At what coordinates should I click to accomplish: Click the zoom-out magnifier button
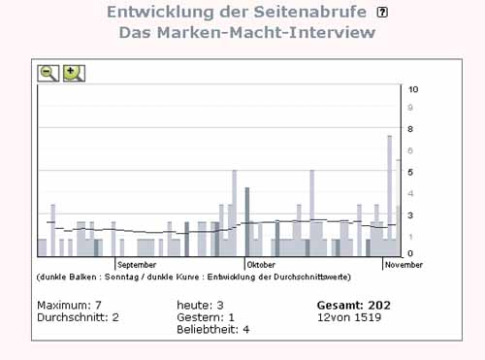[x=48, y=73]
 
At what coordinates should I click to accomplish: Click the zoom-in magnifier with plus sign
[x=74, y=73]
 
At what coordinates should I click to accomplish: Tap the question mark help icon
[x=382, y=13]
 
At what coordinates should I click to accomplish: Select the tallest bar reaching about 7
[x=390, y=196]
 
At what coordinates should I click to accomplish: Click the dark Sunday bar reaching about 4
[x=247, y=222]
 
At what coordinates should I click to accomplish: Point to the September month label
[x=137, y=265]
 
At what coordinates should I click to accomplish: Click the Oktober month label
[x=261, y=265]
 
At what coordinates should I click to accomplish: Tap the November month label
[x=404, y=265]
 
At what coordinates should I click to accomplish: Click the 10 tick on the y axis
[x=413, y=89]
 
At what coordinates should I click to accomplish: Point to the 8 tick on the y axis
[x=410, y=129]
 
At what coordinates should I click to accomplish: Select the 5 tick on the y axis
[x=410, y=173]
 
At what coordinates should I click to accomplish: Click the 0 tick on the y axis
[x=410, y=253]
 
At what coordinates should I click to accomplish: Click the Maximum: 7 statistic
[x=69, y=305]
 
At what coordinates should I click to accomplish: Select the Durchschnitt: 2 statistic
[x=78, y=317]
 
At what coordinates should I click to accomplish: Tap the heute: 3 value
[x=200, y=305]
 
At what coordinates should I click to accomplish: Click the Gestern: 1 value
[x=206, y=317]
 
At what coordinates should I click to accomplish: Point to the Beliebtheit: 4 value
[x=213, y=330]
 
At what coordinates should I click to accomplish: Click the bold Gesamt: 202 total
[x=354, y=305]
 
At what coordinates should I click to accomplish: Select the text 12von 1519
[x=349, y=317]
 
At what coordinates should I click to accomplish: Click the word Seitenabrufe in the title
[x=309, y=12]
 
